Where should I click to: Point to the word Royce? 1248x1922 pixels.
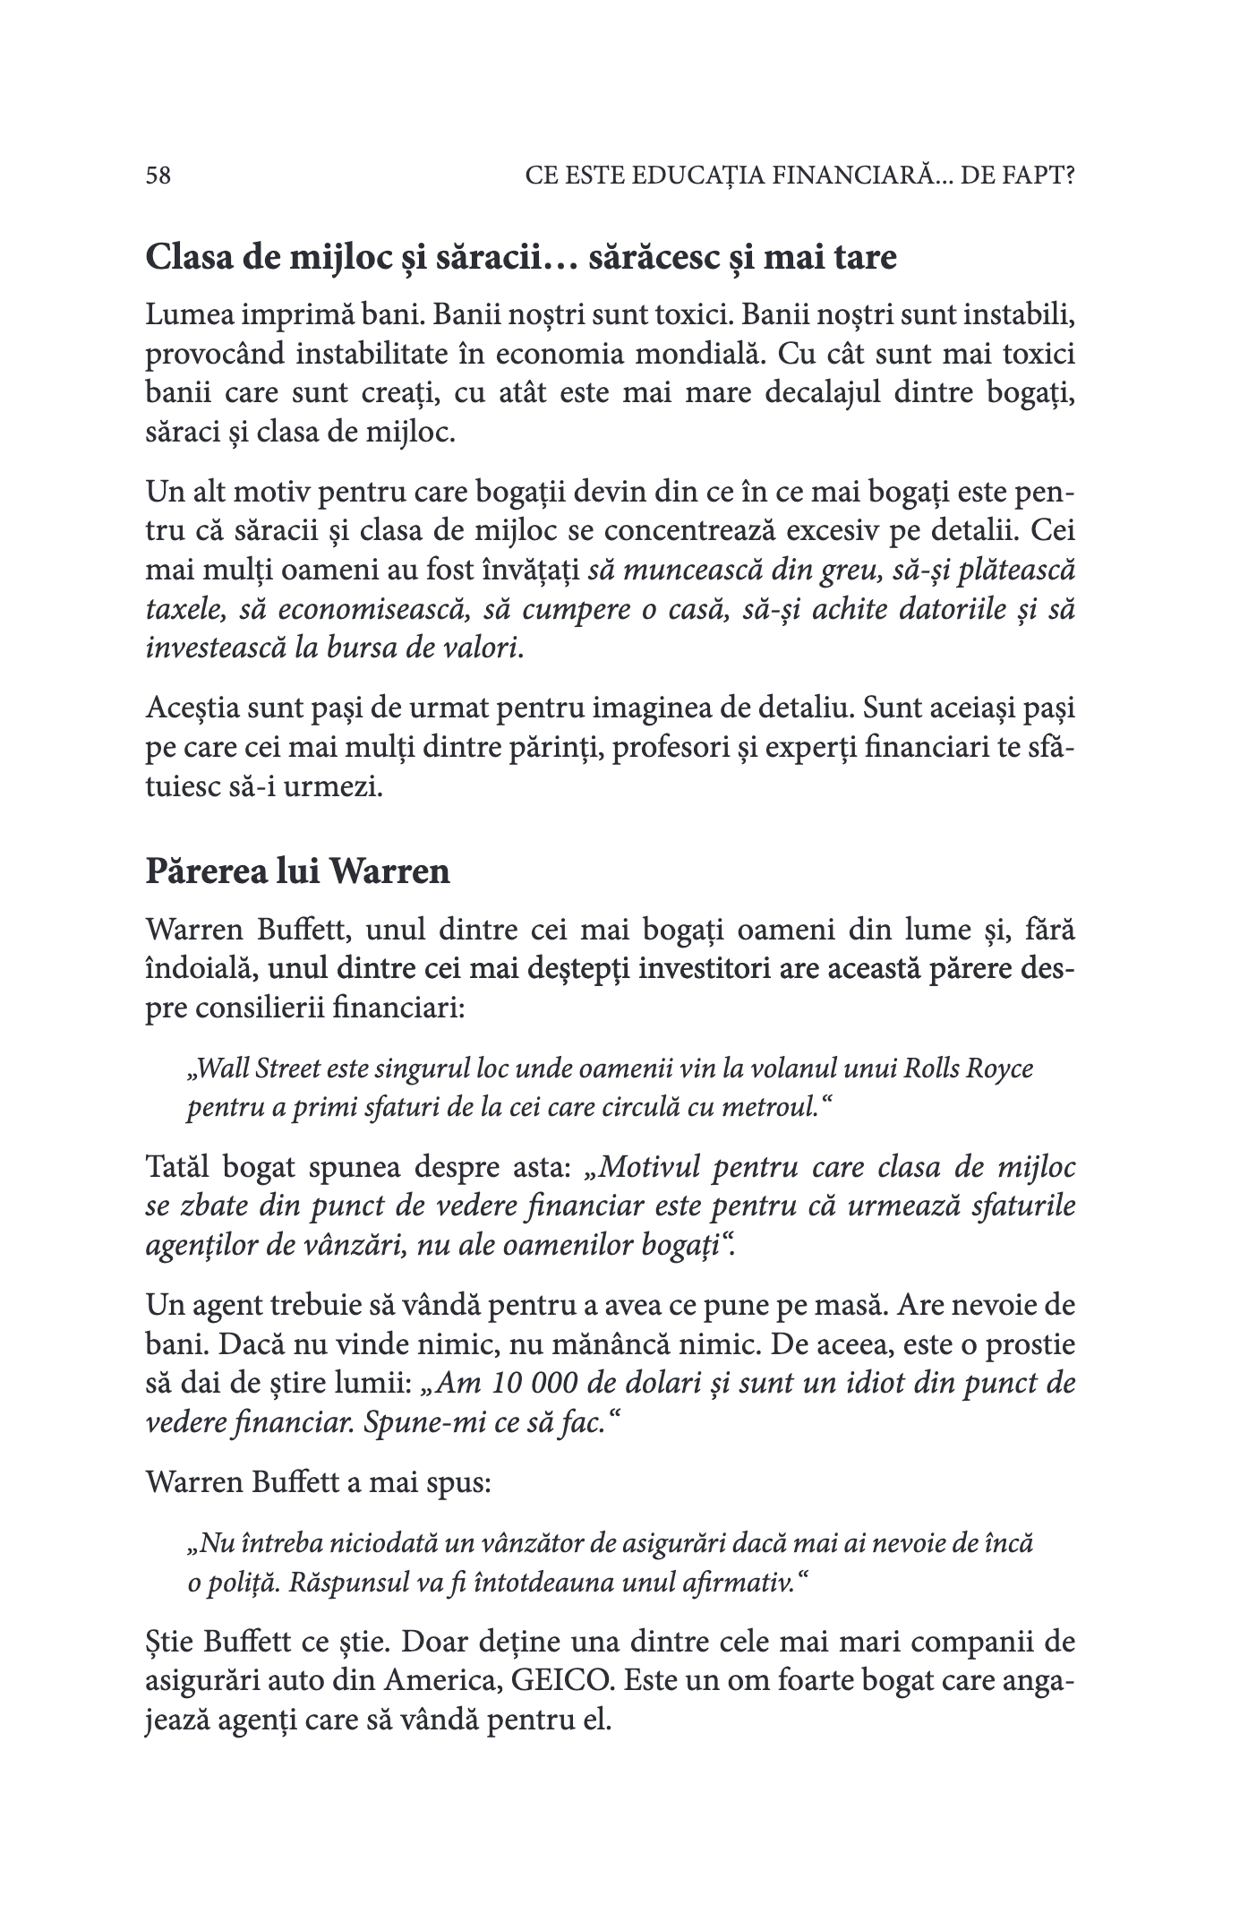[x=1001, y=1069]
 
